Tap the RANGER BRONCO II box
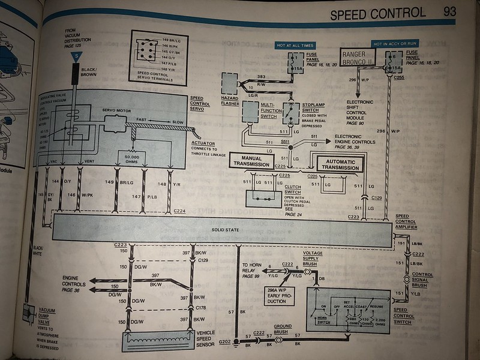tap(358, 57)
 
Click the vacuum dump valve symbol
tap(29, 313)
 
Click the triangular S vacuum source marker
tap(76, 56)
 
